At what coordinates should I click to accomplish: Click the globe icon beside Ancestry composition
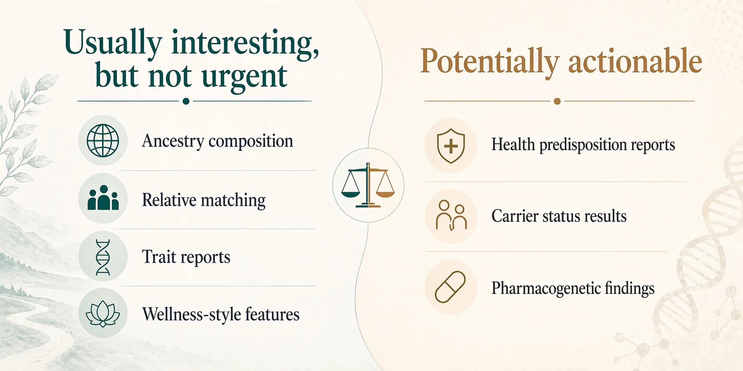[x=103, y=141]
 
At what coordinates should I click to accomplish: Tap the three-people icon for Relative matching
[x=103, y=198]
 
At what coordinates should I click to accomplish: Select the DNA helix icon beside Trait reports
[x=103, y=256]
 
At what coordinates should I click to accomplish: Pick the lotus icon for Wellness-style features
[x=103, y=314]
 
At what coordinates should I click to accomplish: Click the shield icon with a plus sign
[x=451, y=146]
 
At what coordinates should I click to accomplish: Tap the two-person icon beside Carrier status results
[x=451, y=215]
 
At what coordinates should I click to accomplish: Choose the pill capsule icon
[x=450, y=287]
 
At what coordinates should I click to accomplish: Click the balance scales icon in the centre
[x=368, y=185]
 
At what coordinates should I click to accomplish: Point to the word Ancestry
[x=173, y=141]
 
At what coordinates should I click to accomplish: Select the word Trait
[x=159, y=257]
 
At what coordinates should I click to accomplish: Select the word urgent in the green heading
[x=244, y=77]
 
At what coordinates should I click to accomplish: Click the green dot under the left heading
[x=186, y=101]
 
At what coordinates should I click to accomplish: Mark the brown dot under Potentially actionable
[x=557, y=101]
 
